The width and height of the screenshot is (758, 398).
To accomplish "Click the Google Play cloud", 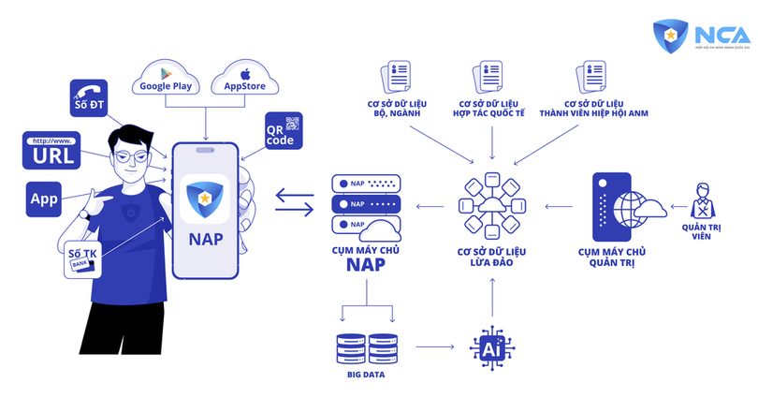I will pyautogui.click(x=166, y=79).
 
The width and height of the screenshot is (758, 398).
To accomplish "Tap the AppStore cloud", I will pyautogui.click(x=241, y=79).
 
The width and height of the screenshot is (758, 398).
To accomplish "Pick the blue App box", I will pyautogui.click(x=45, y=199).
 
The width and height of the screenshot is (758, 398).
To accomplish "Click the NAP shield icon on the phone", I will pyautogui.click(x=205, y=198).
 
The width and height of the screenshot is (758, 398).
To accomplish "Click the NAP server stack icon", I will pyautogui.click(x=367, y=204).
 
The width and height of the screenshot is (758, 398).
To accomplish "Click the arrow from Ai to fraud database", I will pyautogui.click(x=492, y=301).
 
